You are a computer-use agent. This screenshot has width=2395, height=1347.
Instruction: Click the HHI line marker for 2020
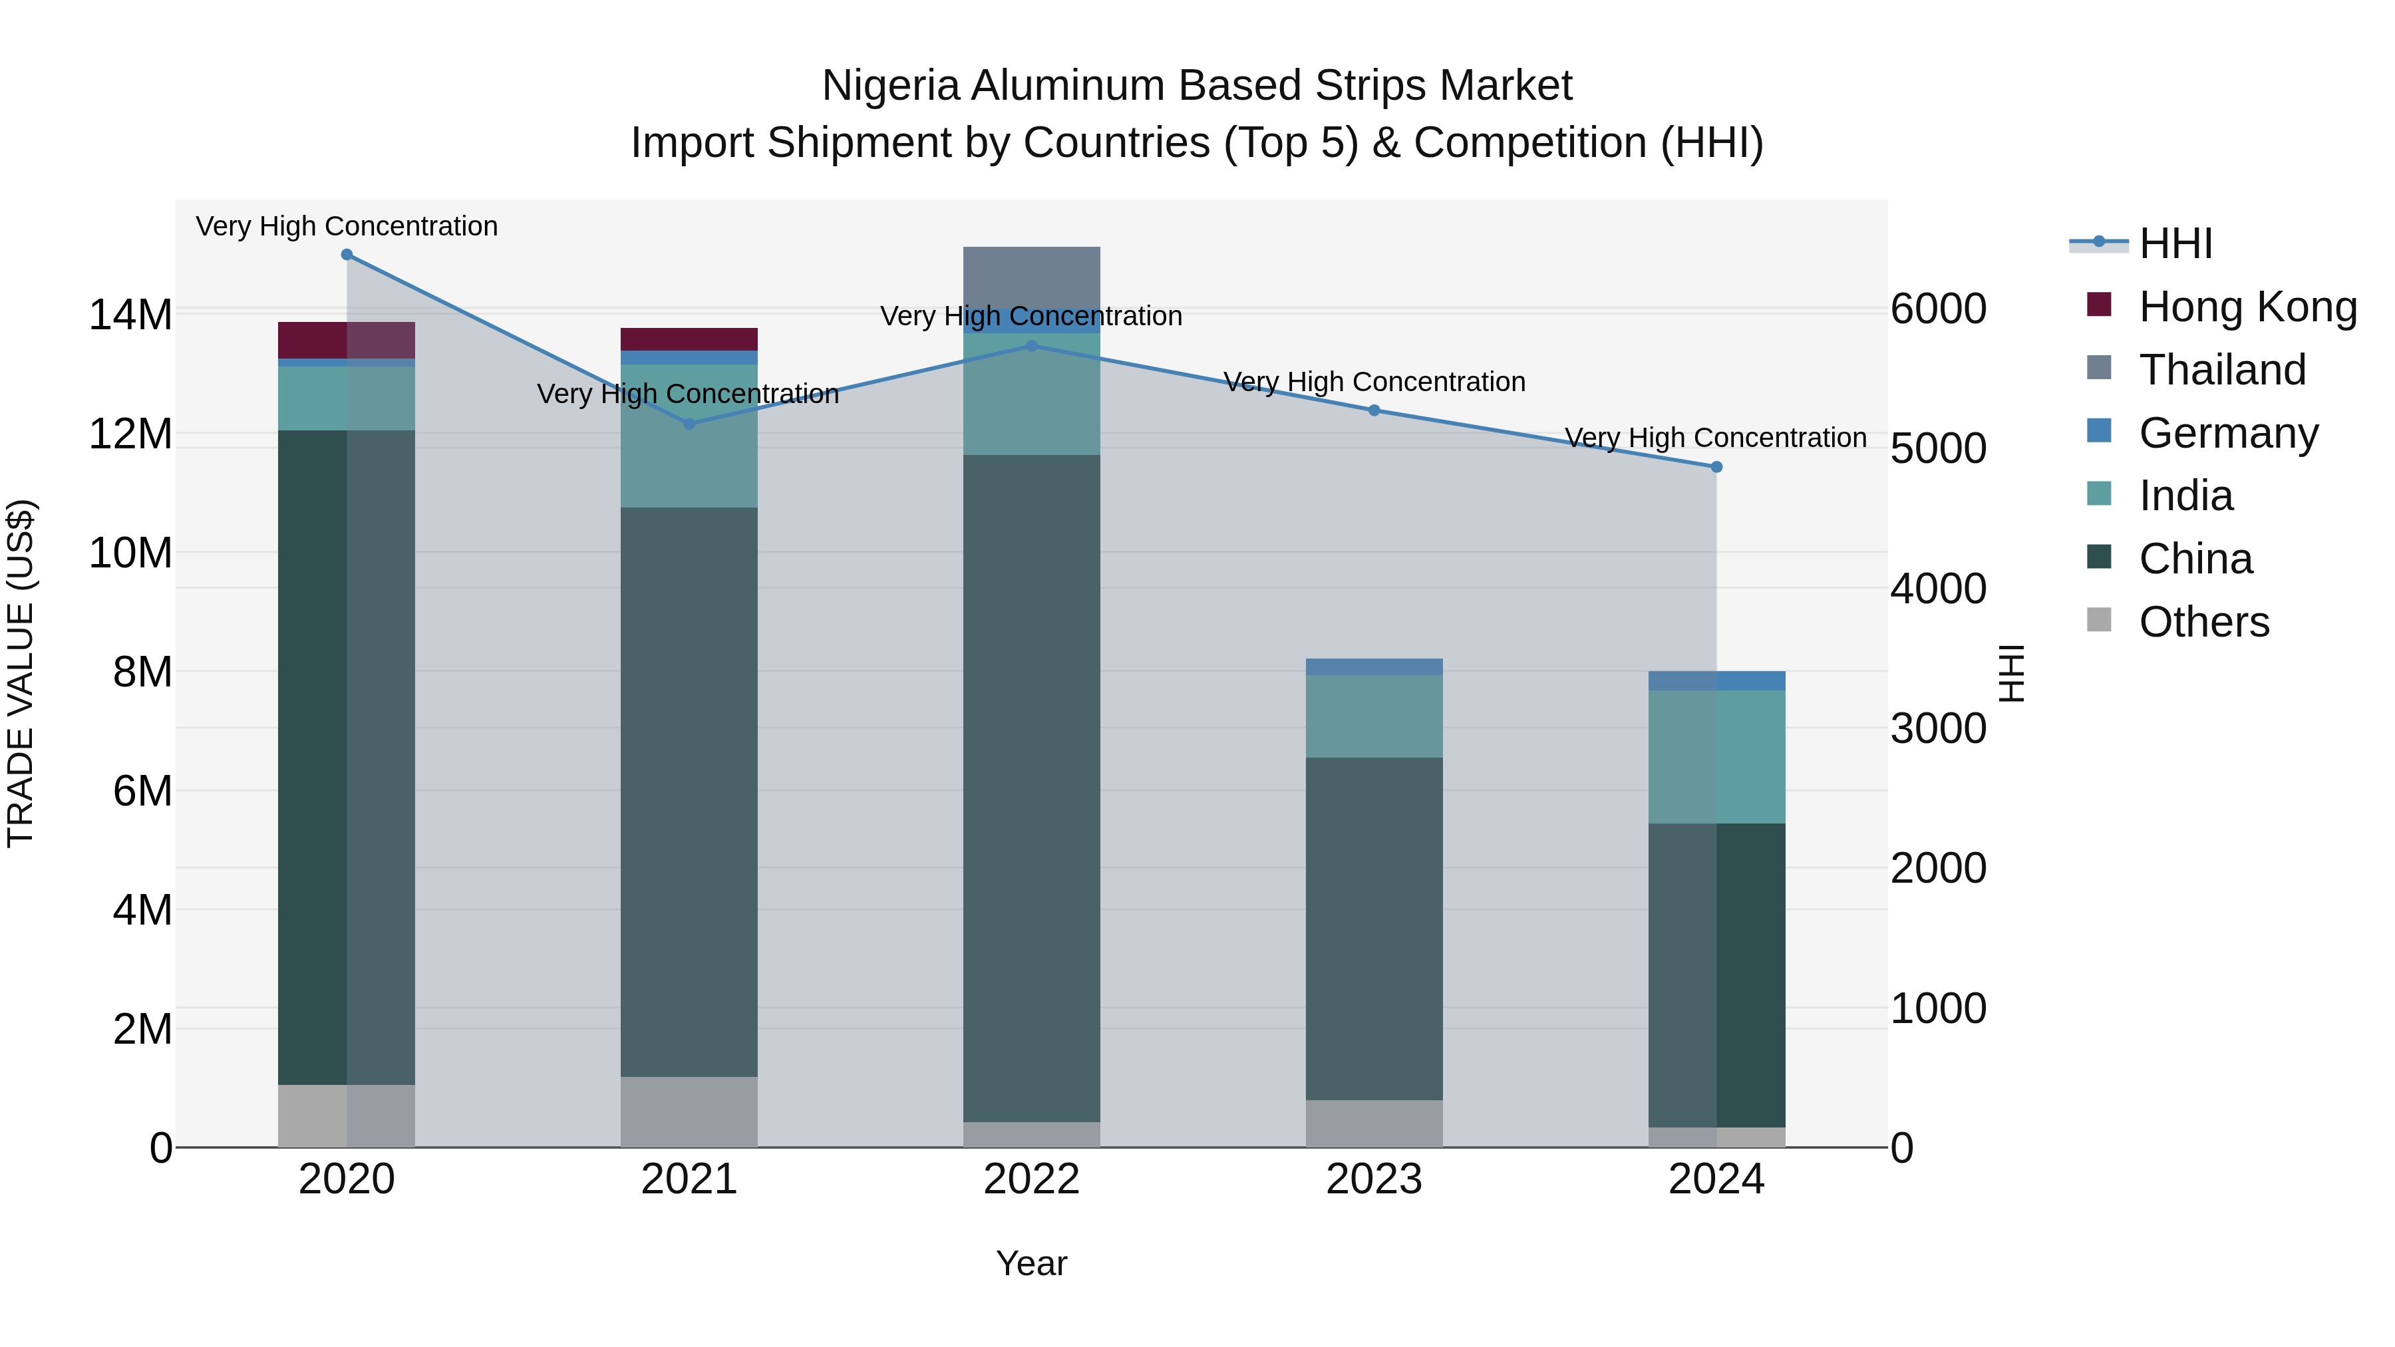tap(347, 255)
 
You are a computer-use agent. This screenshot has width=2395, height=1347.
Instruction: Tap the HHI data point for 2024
tap(1716, 468)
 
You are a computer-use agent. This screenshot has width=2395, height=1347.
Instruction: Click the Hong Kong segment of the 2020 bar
tap(346, 340)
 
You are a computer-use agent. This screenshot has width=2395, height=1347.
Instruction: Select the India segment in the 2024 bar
tap(1716, 757)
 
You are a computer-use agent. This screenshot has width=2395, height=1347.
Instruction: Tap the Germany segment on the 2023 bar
tap(1374, 667)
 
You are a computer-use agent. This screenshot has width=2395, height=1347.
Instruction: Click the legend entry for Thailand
tap(2222, 370)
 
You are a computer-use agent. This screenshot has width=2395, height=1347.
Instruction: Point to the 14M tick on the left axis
tap(130, 315)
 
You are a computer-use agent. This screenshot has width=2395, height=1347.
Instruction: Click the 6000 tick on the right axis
tap(1939, 309)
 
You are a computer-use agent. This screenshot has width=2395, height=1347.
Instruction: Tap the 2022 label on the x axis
tap(1031, 1179)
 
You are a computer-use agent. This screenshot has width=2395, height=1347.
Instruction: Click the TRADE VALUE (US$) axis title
tap(21, 673)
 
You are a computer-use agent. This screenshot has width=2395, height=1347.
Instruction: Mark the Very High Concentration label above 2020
tap(347, 227)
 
